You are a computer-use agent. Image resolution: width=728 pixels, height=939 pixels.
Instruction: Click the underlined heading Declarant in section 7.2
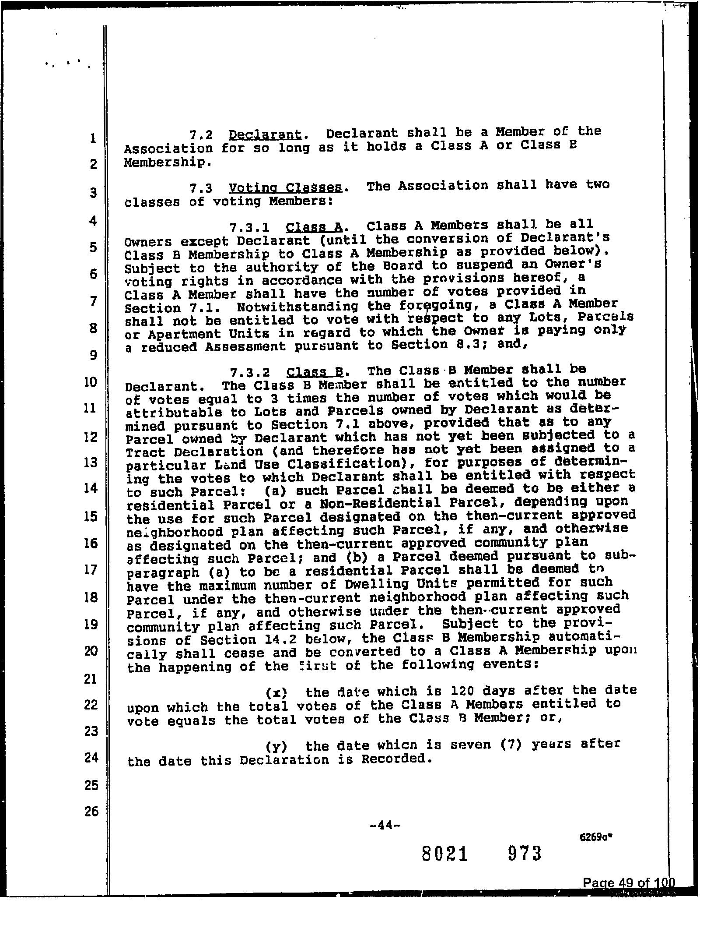tap(265, 134)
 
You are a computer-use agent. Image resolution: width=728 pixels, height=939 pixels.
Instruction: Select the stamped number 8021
tap(445, 854)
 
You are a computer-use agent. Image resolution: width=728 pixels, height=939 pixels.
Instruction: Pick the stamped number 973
tap(525, 853)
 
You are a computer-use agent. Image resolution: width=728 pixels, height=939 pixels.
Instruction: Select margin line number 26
tap(91, 812)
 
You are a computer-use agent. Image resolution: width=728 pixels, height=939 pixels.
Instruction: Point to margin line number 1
tap(92, 139)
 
